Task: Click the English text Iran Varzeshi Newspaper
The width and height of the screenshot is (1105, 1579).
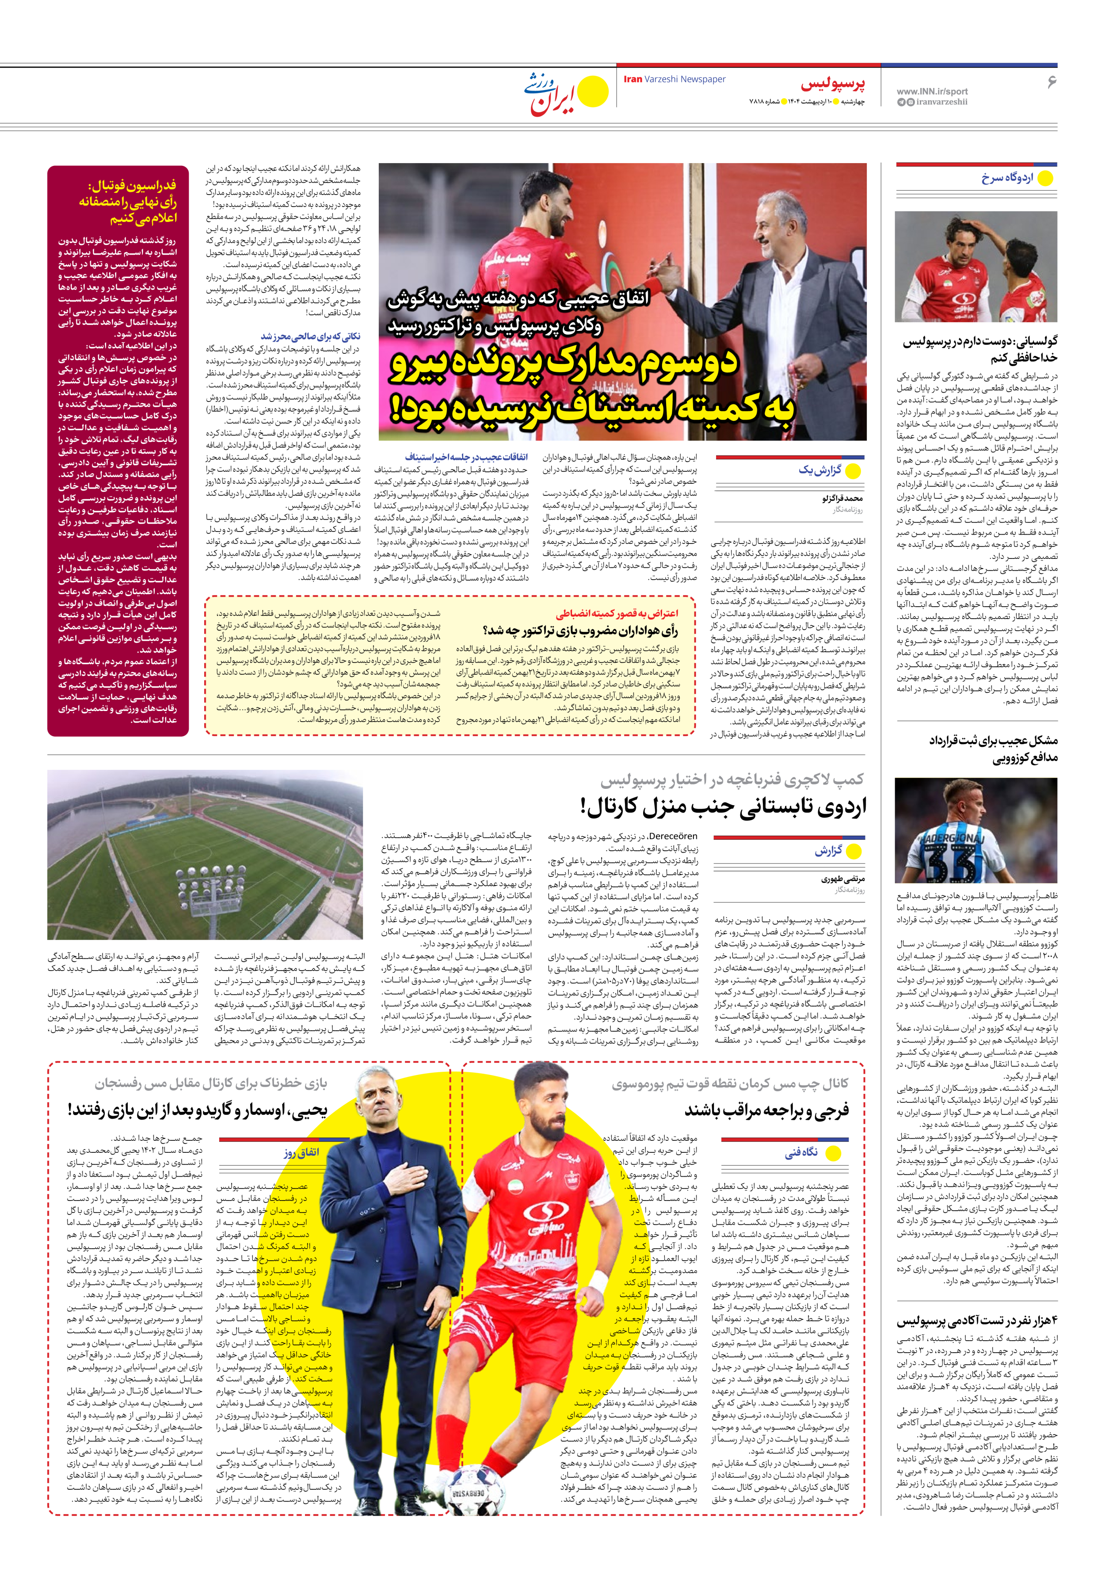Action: click(674, 79)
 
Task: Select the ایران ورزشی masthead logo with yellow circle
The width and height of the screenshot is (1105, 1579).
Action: click(566, 93)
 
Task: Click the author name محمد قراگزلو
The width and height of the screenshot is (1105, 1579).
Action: click(842, 498)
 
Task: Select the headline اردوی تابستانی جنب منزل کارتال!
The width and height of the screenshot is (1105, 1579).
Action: click(722, 806)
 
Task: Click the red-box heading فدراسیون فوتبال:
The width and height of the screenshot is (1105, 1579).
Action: click(131, 186)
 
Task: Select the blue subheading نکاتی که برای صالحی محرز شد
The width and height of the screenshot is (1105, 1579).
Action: click(310, 336)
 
